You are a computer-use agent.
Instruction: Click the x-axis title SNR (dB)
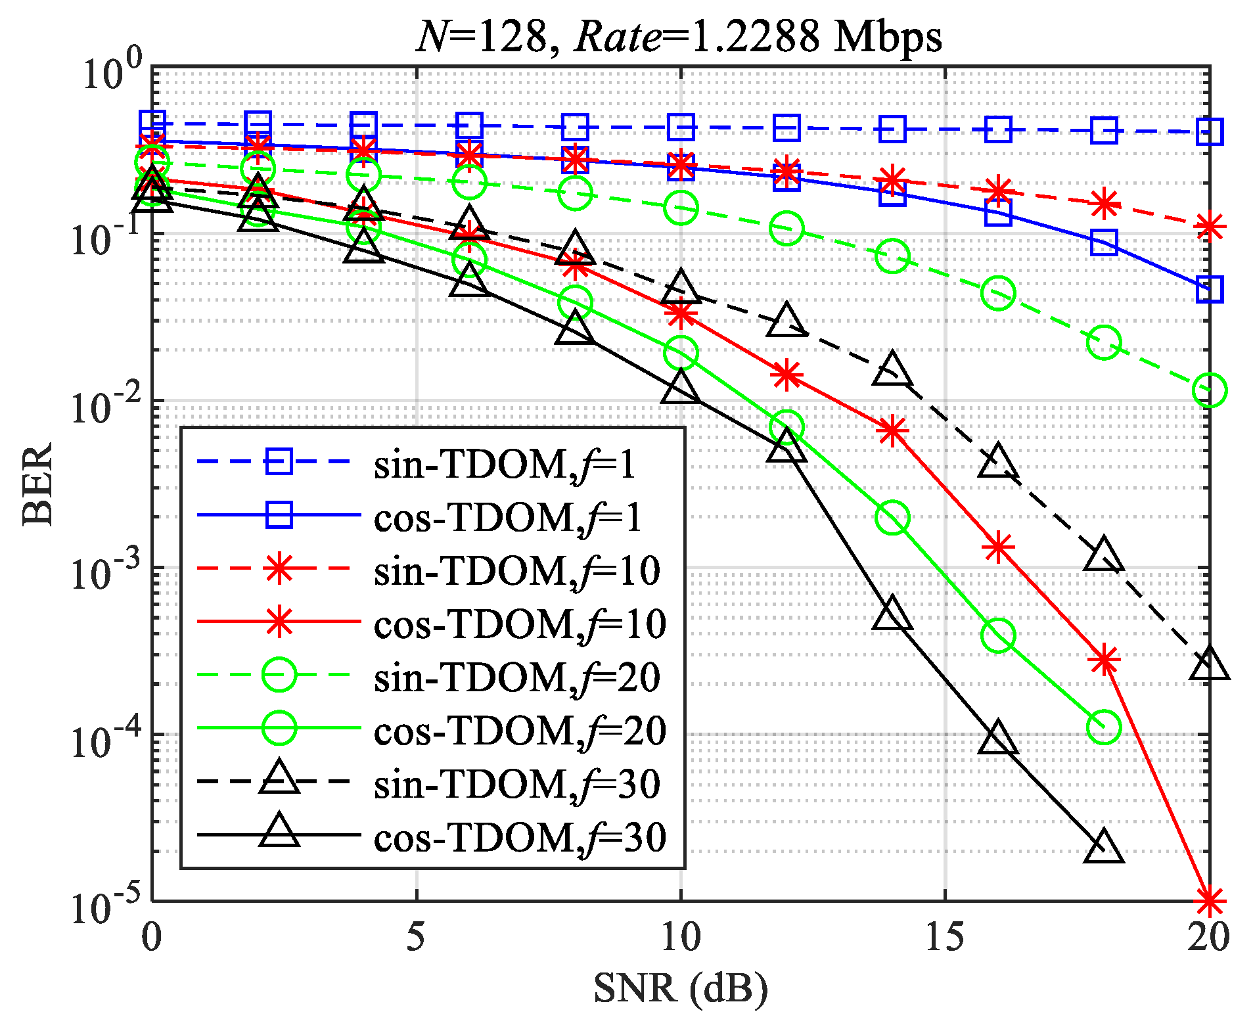click(681, 988)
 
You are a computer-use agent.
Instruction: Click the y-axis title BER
click(37, 484)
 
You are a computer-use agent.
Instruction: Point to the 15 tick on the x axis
click(945, 936)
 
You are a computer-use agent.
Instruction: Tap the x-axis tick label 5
click(416, 936)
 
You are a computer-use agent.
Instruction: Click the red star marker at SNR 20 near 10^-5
click(1209, 901)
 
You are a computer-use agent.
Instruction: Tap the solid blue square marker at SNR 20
click(1209, 289)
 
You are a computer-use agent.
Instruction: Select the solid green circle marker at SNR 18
click(1104, 727)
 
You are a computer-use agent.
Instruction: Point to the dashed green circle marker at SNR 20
click(1209, 390)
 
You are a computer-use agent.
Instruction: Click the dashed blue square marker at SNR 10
click(681, 127)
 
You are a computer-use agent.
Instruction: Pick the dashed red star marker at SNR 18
click(1104, 204)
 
